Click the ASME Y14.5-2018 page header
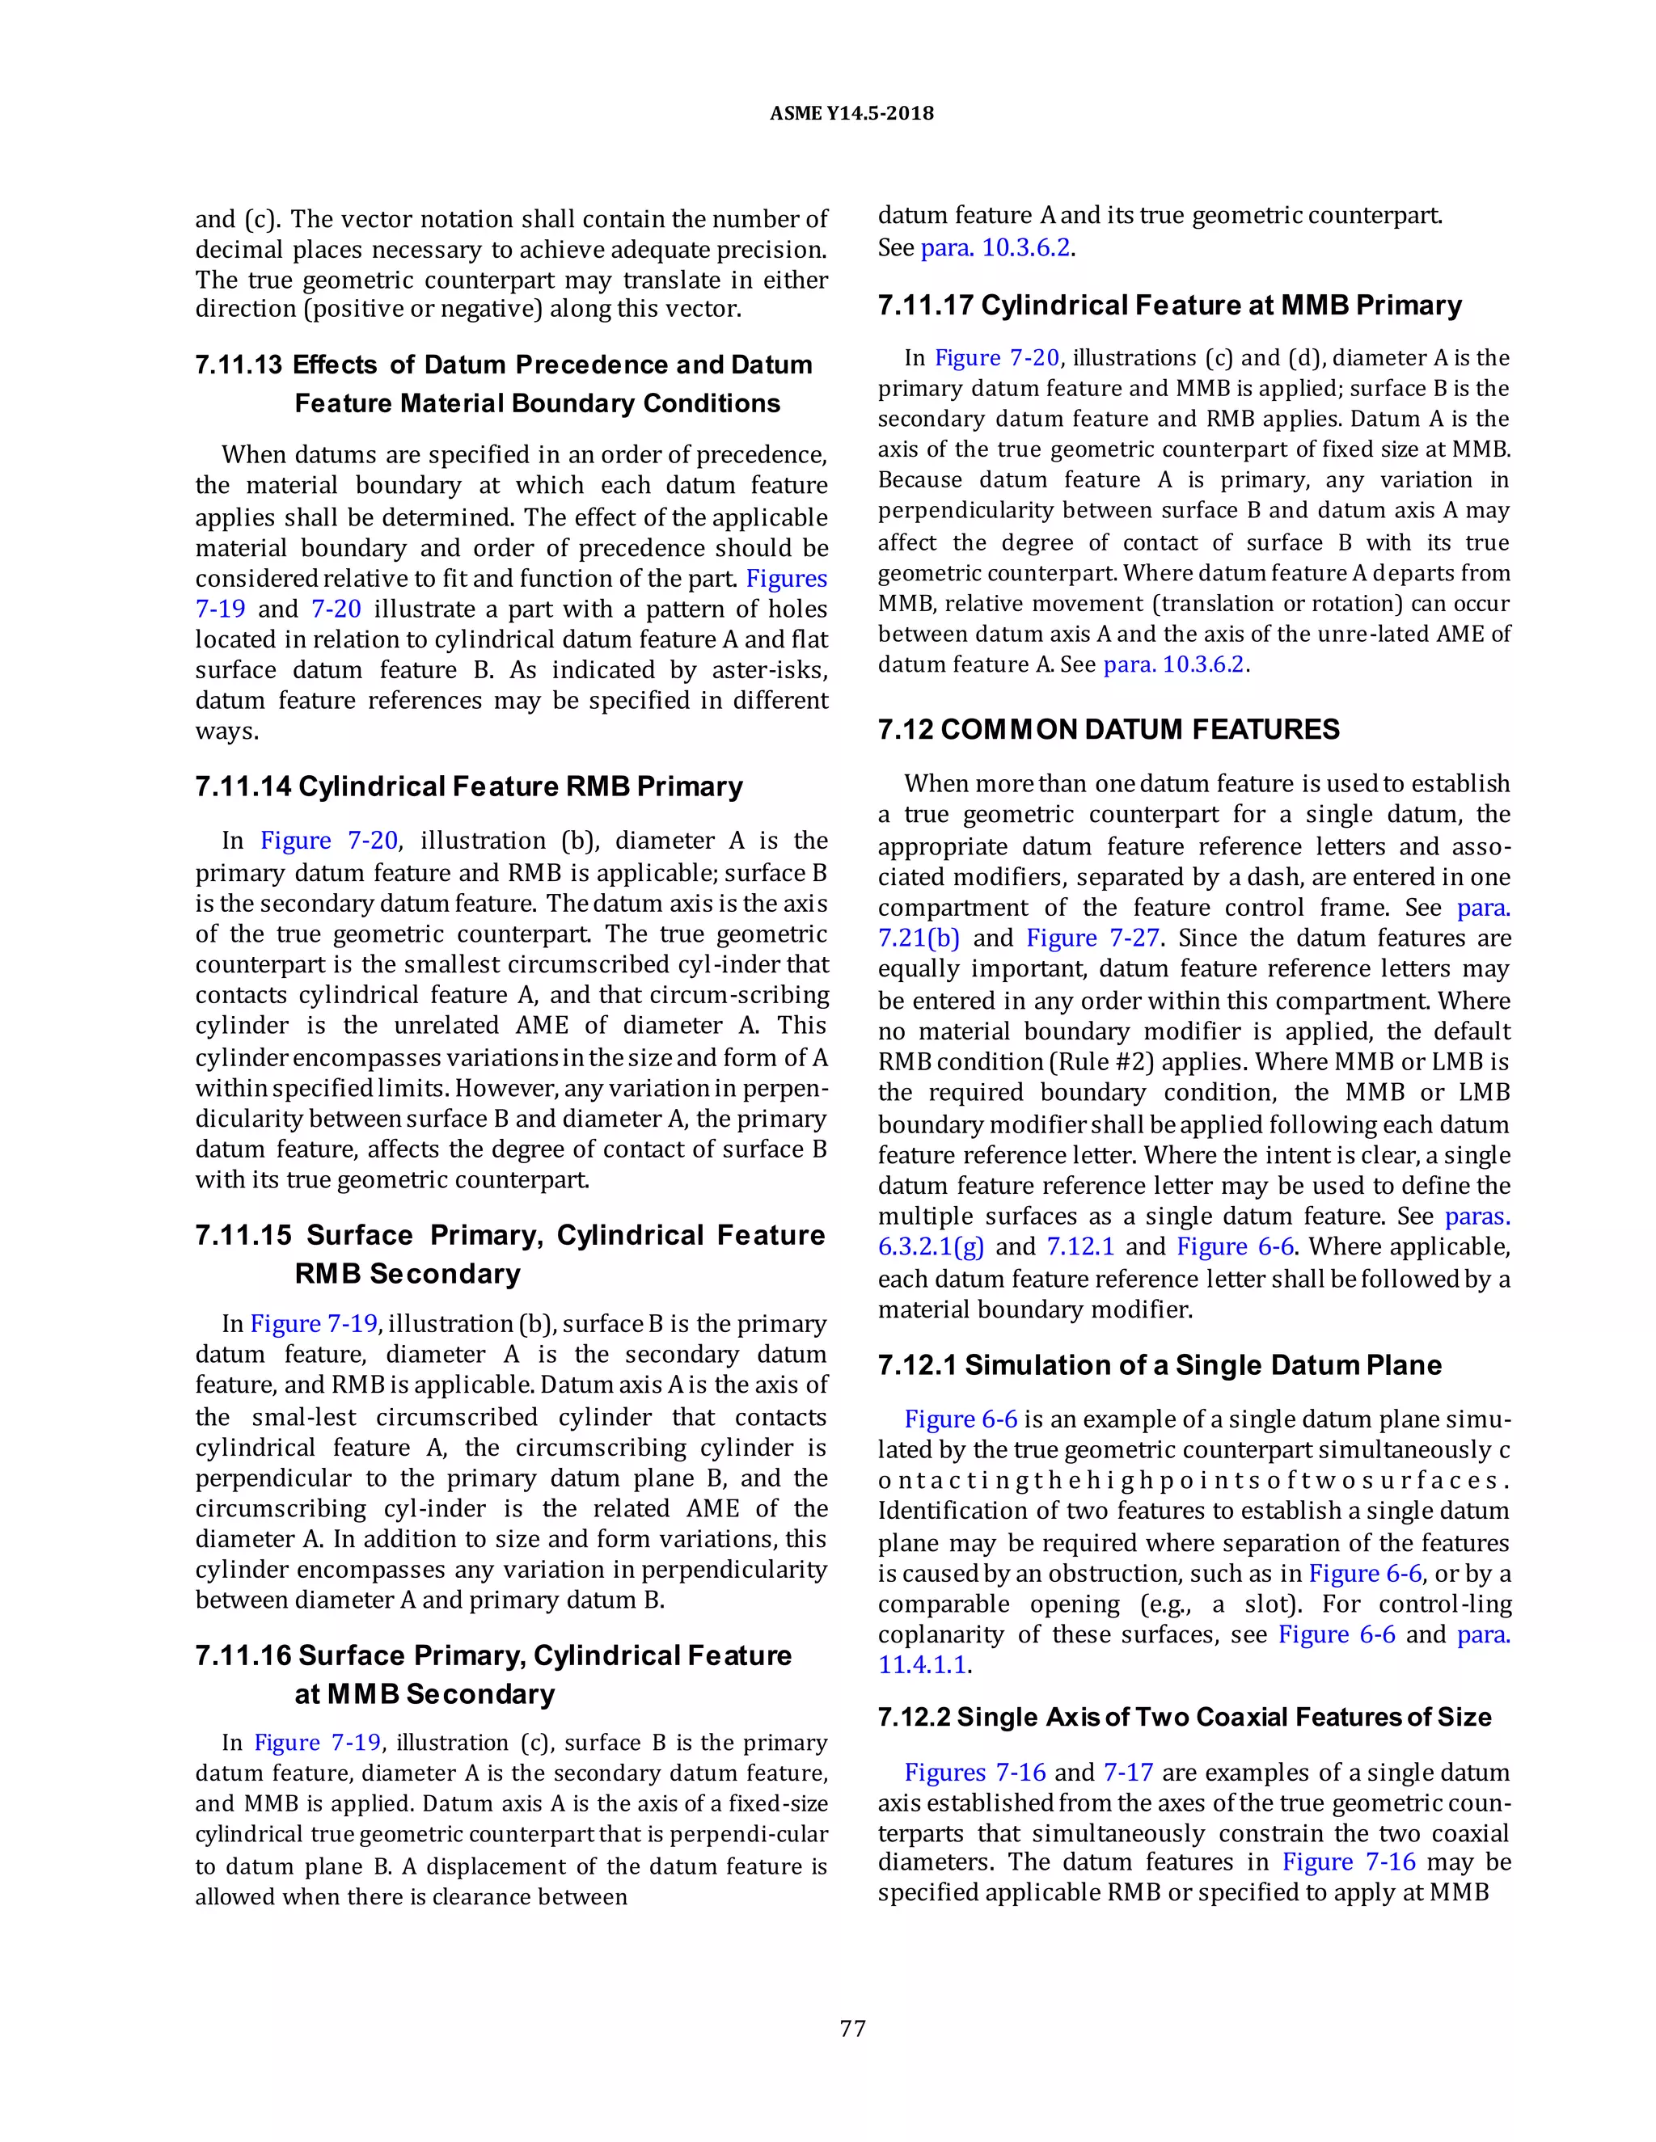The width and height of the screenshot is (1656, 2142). coord(851,114)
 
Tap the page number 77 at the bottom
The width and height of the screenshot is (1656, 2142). coord(852,2027)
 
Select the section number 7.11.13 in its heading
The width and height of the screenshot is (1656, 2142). coord(239,365)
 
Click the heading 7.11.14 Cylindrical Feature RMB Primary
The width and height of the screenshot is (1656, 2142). coord(469,786)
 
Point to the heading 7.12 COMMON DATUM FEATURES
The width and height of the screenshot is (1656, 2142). coord(1109,729)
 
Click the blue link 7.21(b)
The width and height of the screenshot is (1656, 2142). coord(919,938)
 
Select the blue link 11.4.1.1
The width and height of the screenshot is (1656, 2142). coord(922,1664)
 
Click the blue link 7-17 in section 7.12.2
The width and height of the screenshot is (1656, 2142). coord(1127,1773)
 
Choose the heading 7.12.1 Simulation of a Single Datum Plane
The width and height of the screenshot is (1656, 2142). coord(1160,1365)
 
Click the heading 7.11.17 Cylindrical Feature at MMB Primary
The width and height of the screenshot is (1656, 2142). coord(1169,305)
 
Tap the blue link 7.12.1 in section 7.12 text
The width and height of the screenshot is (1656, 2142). coord(1080,1246)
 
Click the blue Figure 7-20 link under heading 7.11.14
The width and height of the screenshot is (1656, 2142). coord(328,841)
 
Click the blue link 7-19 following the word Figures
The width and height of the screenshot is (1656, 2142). coord(220,609)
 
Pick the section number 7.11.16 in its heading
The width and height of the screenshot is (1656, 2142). coord(243,1655)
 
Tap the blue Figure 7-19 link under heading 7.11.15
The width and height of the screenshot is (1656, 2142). coord(314,1323)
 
